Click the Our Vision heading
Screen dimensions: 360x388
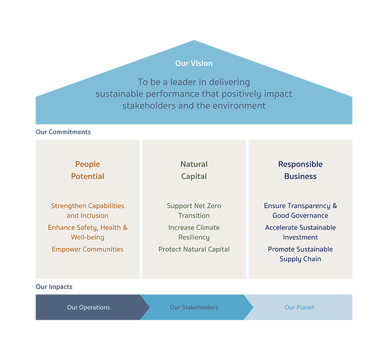pos(194,63)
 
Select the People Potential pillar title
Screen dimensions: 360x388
pos(88,170)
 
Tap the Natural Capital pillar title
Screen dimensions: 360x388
pos(194,170)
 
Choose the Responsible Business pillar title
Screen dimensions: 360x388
pos(300,170)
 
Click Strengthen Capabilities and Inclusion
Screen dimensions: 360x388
pos(88,210)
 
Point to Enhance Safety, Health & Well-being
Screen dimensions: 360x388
pos(88,232)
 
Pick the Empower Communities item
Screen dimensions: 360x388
pos(88,249)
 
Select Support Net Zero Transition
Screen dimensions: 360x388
pos(194,210)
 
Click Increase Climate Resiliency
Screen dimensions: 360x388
pos(194,232)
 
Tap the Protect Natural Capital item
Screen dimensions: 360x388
pos(194,249)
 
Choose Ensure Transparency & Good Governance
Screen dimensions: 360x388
pos(300,210)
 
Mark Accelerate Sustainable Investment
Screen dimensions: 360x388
pos(300,232)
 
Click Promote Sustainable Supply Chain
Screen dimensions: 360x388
pos(300,254)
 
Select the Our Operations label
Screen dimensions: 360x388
pos(89,307)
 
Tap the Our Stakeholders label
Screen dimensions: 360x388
pos(194,307)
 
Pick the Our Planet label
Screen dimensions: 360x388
pos(299,307)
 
